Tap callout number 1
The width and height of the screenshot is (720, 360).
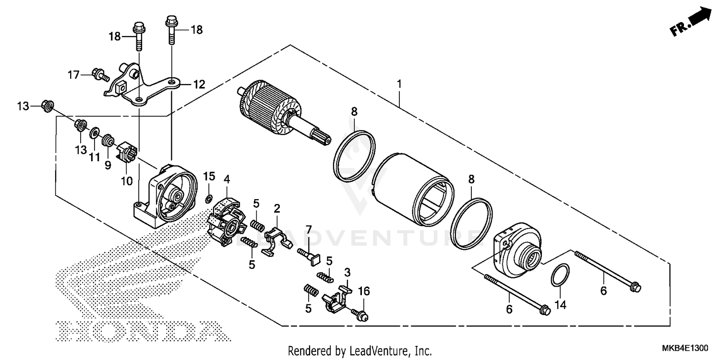pyautogui.click(x=398, y=84)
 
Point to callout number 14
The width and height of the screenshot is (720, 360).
pyautogui.click(x=560, y=304)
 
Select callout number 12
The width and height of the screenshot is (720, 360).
pyautogui.click(x=199, y=85)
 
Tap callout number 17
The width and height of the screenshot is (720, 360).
pyautogui.click(x=73, y=75)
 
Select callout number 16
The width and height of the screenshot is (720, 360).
pyautogui.click(x=364, y=291)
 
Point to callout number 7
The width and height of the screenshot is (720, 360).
pyautogui.click(x=309, y=228)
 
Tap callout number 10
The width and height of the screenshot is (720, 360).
pyautogui.click(x=126, y=181)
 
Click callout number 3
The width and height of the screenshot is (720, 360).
pyautogui.click(x=348, y=273)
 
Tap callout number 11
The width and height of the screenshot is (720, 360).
pyautogui.click(x=94, y=156)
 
